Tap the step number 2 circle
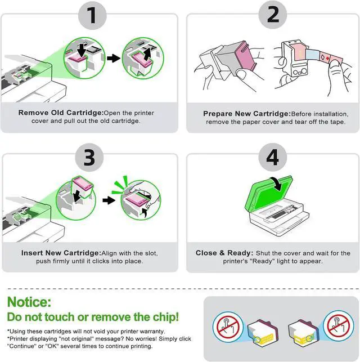(x=272, y=15)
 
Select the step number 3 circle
(x=90, y=158)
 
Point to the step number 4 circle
(x=272, y=158)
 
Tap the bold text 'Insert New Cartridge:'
(x=60, y=253)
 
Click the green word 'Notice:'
(x=29, y=302)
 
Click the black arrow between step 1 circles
(x=114, y=57)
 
